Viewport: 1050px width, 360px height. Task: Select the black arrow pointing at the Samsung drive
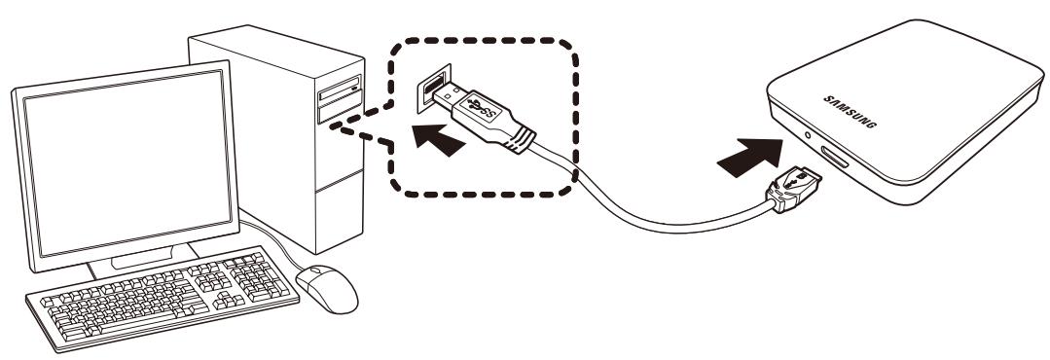[x=752, y=153]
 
